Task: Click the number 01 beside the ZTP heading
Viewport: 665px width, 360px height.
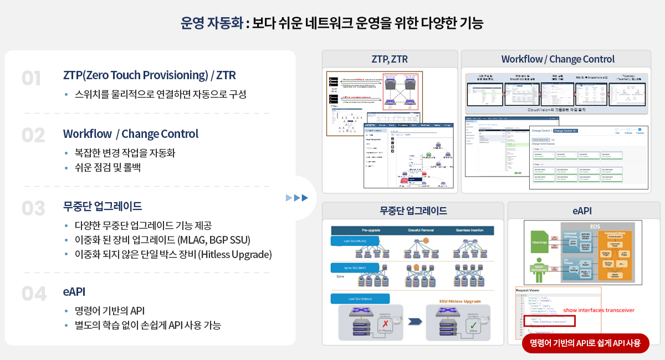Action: pyautogui.click(x=32, y=79)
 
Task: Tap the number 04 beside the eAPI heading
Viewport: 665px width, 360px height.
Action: pyautogui.click(x=34, y=294)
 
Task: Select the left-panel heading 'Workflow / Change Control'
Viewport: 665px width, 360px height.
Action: pyautogui.click(x=131, y=134)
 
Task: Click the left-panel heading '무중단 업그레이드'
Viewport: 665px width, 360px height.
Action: pyautogui.click(x=103, y=207)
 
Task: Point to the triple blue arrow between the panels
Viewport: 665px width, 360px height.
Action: pyautogui.click(x=296, y=198)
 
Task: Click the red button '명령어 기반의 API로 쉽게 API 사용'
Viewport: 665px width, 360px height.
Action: pyautogui.click(x=585, y=343)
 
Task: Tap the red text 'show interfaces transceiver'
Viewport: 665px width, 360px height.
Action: pyautogui.click(x=598, y=310)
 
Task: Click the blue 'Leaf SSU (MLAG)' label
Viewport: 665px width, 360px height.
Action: pyautogui.click(x=355, y=241)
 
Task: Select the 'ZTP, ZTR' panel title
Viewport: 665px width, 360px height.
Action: pyautogui.click(x=390, y=59)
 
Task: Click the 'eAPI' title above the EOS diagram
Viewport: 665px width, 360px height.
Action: pyautogui.click(x=582, y=211)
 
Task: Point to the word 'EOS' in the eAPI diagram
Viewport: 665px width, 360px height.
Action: pyautogui.click(x=594, y=227)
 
